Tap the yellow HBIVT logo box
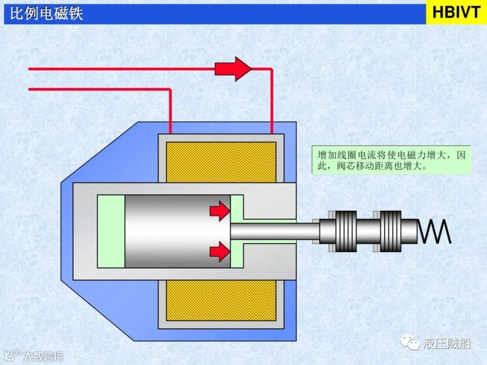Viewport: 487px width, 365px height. tap(456, 13)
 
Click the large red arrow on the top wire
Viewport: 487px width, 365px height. tap(233, 69)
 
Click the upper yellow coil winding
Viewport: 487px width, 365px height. tap(221, 162)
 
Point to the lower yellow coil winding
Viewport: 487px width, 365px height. tap(221, 300)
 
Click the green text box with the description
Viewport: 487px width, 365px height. tap(391, 160)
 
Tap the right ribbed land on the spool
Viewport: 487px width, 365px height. tap(391, 231)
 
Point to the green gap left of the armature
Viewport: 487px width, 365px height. tap(111, 231)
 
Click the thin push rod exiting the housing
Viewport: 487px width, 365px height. tap(275, 231)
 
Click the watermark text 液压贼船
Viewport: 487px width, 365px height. tap(447, 344)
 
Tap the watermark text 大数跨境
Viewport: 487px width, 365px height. tap(43, 356)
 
